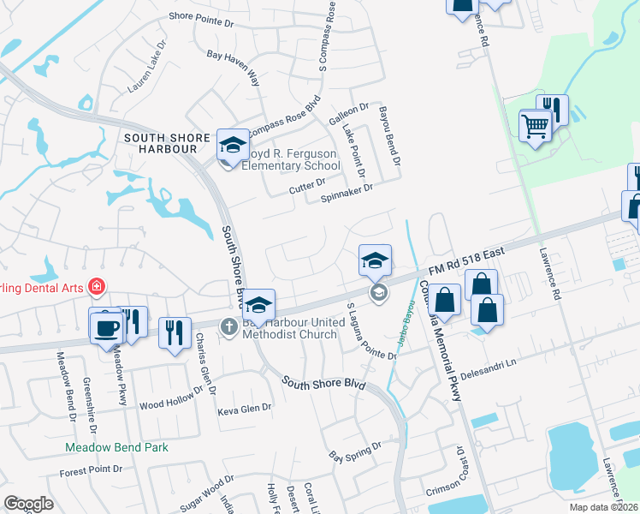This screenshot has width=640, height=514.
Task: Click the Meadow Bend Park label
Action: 117,447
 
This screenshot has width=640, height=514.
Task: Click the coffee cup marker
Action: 108,326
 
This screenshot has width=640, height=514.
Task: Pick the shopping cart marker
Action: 535,126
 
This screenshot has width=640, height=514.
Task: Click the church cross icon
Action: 228,326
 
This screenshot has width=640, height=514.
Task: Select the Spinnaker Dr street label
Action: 347,195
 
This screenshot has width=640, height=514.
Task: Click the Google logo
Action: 28,504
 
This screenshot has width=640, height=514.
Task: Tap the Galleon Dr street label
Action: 351,110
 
